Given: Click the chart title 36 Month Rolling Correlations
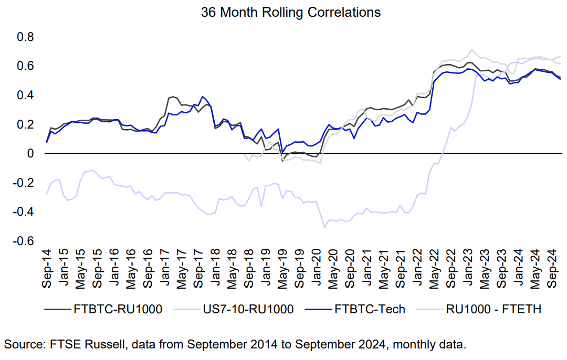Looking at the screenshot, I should tap(291, 13).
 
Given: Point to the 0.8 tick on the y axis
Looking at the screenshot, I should tap(26, 37).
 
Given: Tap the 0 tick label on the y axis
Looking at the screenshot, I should tap(30, 154).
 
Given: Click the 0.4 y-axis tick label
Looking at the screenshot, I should tap(26, 96).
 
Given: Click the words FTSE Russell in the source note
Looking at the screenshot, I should tap(78, 345).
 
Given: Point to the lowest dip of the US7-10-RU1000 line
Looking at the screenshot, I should tap(324, 227).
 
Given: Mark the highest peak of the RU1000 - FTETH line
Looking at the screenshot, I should tap(472, 50).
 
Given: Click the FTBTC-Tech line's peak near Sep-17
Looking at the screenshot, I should tap(202, 97).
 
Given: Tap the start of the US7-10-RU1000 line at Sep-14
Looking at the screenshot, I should tap(47, 194).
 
